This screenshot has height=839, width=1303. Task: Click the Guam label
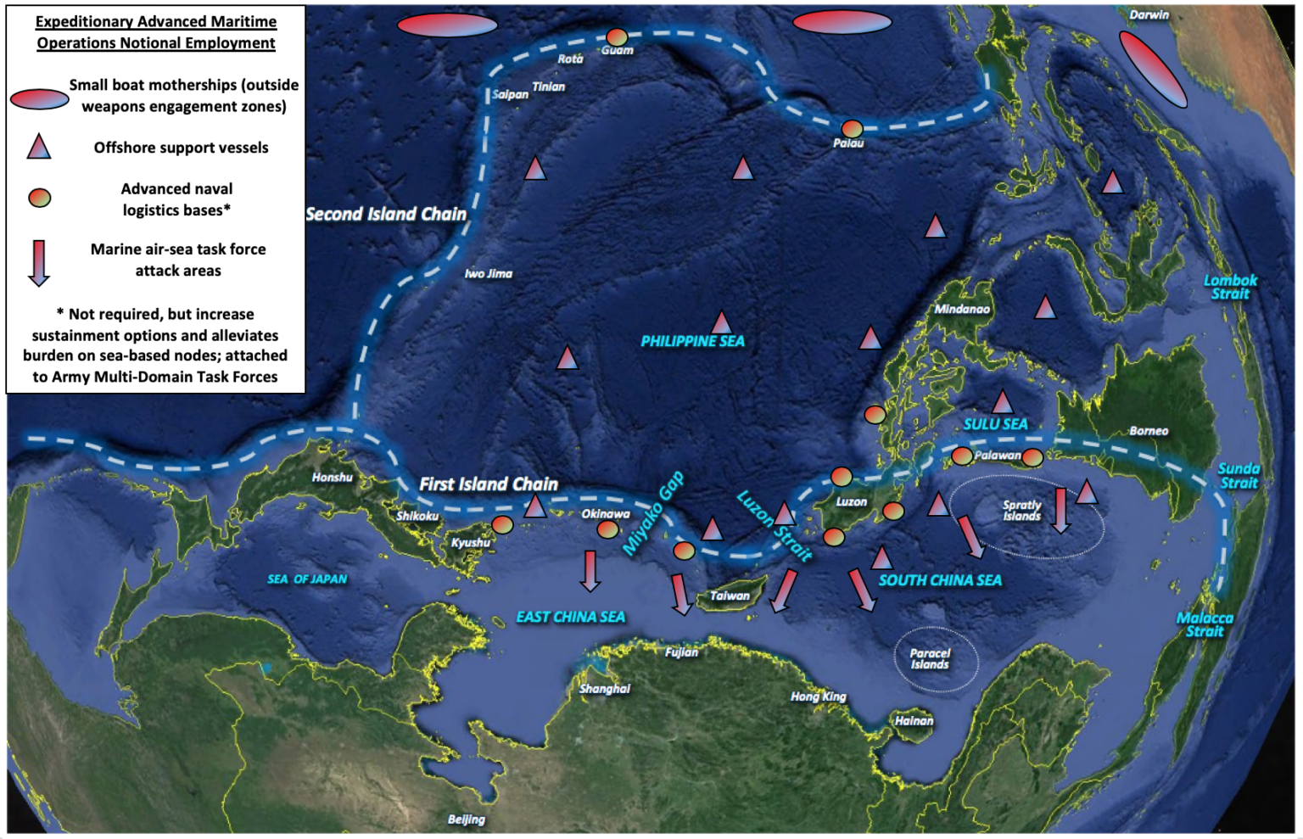[x=617, y=51]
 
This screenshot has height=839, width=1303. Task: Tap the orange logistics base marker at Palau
[x=852, y=129]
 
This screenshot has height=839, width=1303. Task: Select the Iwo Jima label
[x=489, y=274]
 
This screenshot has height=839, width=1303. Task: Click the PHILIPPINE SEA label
[x=692, y=341]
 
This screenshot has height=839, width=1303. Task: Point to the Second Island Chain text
[x=386, y=215]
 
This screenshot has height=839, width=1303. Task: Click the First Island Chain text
[x=489, y=484]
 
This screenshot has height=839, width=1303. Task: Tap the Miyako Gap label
[x=653, y=514]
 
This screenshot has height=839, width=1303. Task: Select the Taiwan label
[x=730, y=596]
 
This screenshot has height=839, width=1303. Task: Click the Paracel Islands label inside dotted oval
[x=931, y=659]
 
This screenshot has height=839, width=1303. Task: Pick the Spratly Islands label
[x=1021, y=511]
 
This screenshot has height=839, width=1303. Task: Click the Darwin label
[x=1149, y=15]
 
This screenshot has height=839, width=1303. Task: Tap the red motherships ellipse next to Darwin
[x=1152, y=69]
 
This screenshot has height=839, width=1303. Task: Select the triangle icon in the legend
[x=39, y=148]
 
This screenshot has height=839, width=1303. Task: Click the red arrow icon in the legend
[x=39, y=262]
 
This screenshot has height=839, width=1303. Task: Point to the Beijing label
[x=467, y=819]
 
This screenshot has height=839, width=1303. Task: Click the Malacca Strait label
[x=1205, y=624]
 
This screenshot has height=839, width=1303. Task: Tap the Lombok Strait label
[x=1230, y=287]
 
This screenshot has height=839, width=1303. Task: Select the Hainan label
[x=914, y=721]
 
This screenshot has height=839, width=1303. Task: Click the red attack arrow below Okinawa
[x=590, y=570]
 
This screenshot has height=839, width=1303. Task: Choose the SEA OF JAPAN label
[x=307, y=579]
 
